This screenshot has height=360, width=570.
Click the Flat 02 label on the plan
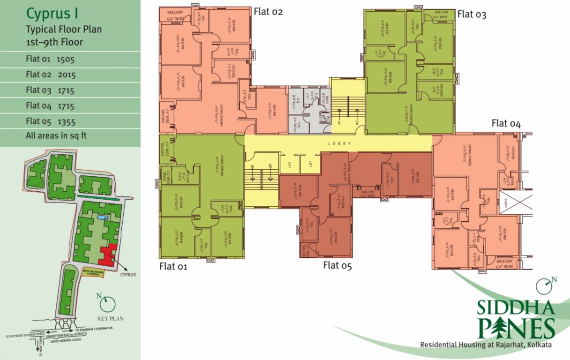pos(268,12)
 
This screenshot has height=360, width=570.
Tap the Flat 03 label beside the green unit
pos(472,15)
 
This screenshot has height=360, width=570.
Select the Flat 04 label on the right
pos(506,124)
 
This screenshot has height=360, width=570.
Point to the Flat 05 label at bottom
pos(337,266)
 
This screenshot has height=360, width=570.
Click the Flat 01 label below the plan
pos(173,267)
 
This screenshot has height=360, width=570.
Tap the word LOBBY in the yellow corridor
pos(340,143)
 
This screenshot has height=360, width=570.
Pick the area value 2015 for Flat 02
pos(67,75)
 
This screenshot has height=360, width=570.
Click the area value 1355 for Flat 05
pos(67,121)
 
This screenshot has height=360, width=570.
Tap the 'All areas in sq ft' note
pos(56,136)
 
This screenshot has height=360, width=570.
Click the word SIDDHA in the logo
pos(516,308)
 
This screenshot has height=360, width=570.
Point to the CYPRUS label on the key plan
pos(127,274)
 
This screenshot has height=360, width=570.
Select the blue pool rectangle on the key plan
pos(102,218)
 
